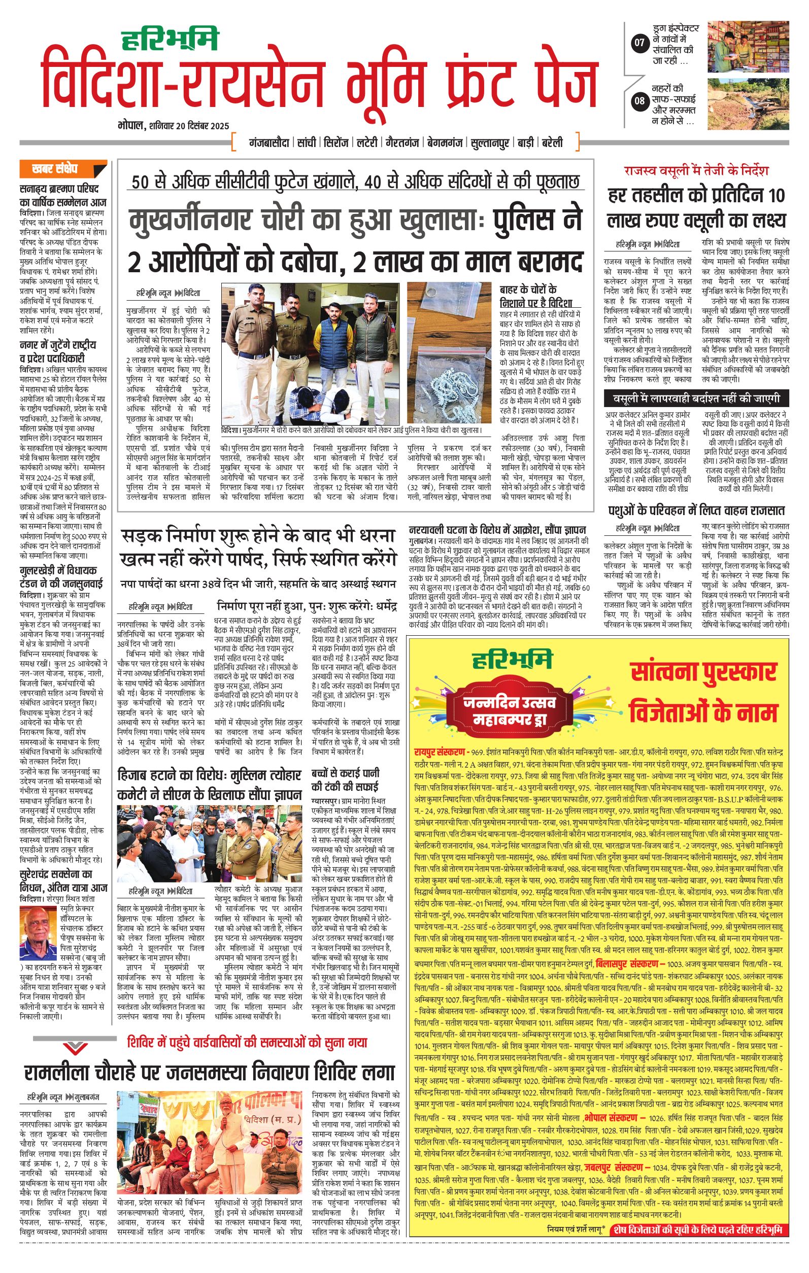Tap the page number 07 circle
[x=639, y=43]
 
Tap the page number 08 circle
[x=639, y=100]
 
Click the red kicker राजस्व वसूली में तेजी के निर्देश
[x=696, y=171]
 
